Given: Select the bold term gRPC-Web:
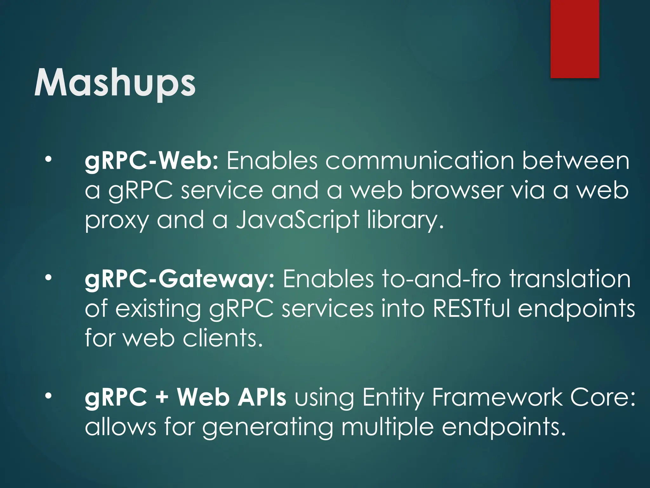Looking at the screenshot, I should coord(152,161).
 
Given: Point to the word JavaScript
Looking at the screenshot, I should coord(297,220).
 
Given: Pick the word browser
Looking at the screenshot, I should coord(457,191).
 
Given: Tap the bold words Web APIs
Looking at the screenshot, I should coord(232,397).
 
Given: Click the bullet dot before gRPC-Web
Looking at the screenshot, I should coord(48,159).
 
